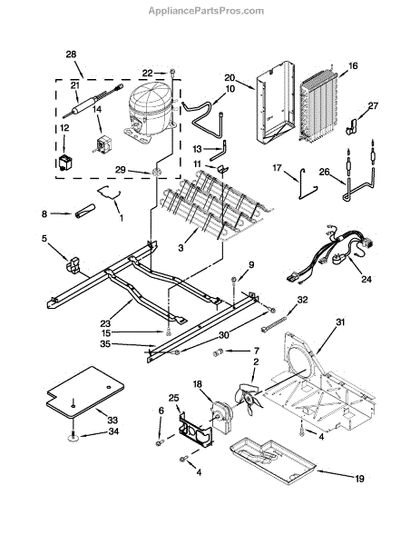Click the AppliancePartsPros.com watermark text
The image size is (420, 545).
click(206, 11)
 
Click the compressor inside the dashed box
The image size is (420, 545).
click(149, 111)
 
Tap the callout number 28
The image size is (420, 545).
click(71, 54)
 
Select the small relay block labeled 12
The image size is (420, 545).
click(64, 163)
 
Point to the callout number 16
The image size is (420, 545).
click(353, 65)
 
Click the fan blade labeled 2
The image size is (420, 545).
click(250, 399)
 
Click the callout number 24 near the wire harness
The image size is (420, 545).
click(366, 279)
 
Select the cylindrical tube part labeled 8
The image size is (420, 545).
click(85, 211)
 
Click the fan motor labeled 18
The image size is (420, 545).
click(221, 416)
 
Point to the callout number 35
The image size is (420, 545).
click(105, 343)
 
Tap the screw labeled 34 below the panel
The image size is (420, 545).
click(73, 437)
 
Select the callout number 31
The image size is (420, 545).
click(340, 322)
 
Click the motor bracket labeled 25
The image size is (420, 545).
click(196, 430)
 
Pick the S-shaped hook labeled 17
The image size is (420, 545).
click(308, 184)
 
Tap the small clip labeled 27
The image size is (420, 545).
click(352, 126)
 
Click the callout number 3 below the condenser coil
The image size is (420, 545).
click(181, 248)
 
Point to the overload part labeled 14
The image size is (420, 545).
click(102, 144)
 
